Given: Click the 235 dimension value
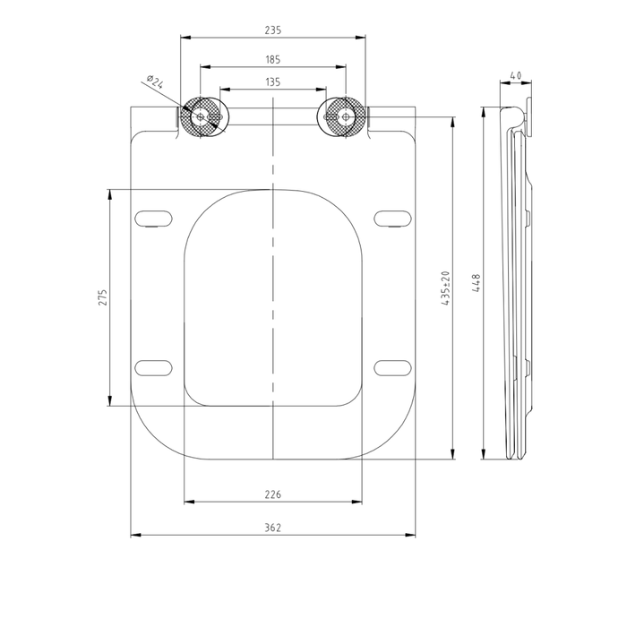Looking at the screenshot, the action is [273, 30].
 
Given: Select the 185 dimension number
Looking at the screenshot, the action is [273, 60].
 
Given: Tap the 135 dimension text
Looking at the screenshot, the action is [273, 82].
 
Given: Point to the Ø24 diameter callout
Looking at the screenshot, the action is [155, 82].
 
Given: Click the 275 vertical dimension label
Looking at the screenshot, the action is [103, 297].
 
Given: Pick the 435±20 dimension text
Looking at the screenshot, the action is [446, 288].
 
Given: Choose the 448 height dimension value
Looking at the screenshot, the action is [477, 283].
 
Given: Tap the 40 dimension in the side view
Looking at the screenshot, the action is [516, 75].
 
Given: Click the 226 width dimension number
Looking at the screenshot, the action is [273, 494].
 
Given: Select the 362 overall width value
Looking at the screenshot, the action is [273, 528].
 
